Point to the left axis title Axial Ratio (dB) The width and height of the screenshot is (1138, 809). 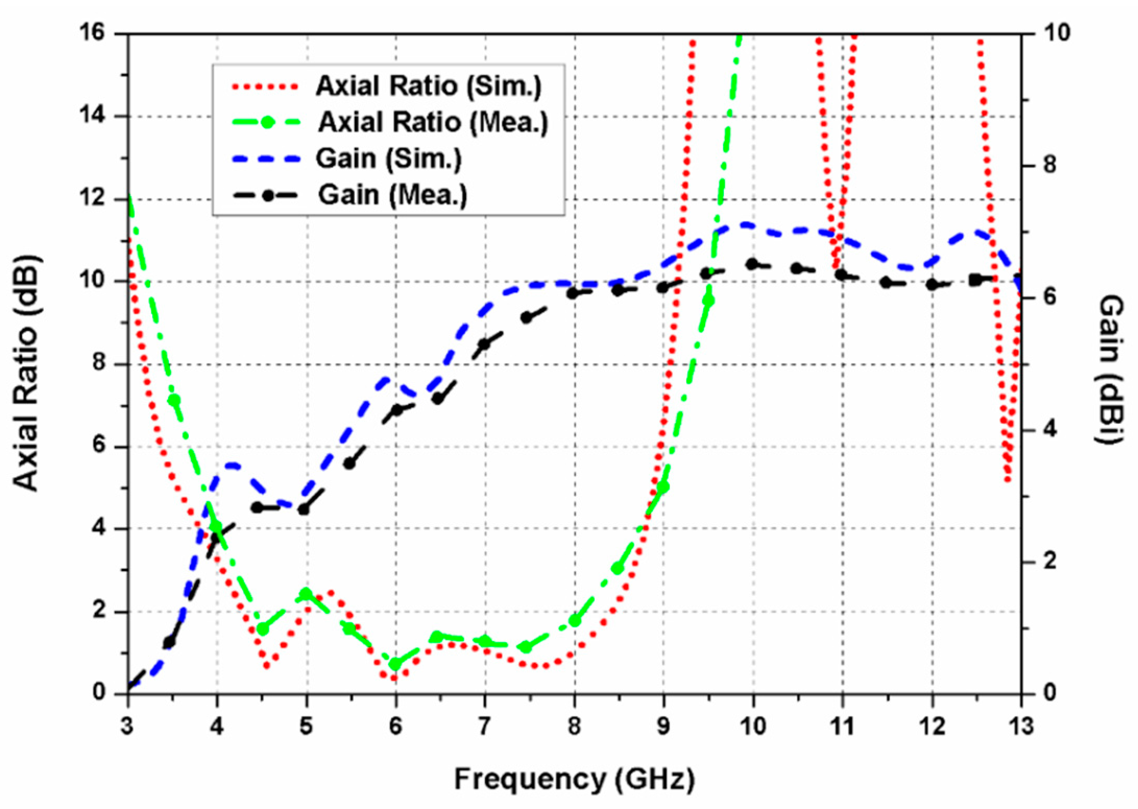click(x=26, y=374)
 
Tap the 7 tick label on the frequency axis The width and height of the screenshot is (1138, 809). click(x=485, y=726)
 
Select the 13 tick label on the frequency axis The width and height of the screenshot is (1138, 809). click(x=1021, y=726)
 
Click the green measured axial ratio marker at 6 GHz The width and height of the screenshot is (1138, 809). click(x=396, y=664)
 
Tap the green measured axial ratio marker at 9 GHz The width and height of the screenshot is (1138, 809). click(x=663, y=487)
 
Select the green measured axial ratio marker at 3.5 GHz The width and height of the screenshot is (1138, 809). click(x=174, y=400)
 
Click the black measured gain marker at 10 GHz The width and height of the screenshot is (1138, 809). click(x=752, y=265)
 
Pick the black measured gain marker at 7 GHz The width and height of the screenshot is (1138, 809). click(x=485, y=344)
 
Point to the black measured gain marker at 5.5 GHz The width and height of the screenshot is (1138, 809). click(x=350, y=463)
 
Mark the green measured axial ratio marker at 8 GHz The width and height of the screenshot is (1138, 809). click(x=575, y=621)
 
